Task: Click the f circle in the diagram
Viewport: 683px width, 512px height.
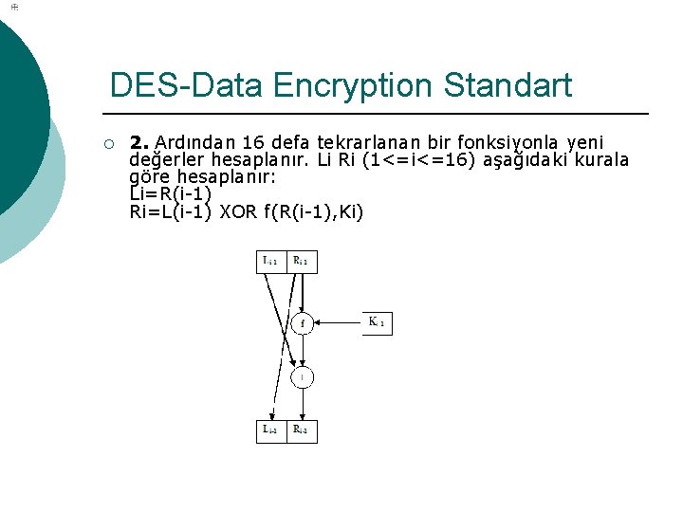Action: point(302,323)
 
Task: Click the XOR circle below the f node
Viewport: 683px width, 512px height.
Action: point(302,377)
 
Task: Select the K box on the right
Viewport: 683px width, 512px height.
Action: point(376,322)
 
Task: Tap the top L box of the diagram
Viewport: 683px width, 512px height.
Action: point(272,261)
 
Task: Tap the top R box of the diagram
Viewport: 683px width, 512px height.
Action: point(301,261)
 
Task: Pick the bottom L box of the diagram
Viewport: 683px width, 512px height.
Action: point(272,431)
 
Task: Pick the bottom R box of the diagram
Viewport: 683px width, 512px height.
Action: point(301,431)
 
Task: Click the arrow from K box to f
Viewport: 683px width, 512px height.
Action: point(337,322)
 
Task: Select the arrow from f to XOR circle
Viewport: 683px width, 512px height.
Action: point(302,350)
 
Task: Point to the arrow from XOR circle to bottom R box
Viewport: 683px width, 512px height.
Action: point(302,404)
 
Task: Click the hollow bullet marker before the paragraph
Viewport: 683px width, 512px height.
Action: point(109,144)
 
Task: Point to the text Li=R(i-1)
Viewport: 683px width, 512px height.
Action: point(169,194)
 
